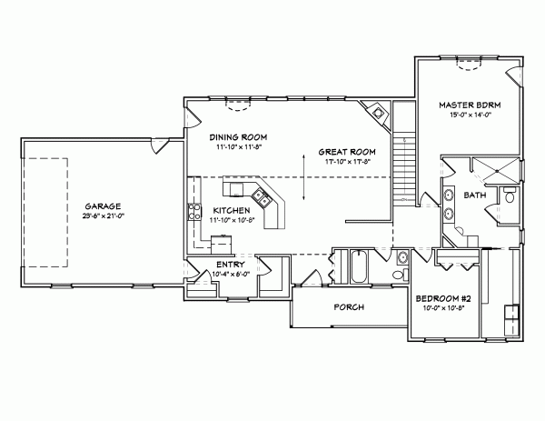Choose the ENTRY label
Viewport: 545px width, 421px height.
[x=229, y=265]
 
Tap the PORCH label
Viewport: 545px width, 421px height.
[x=349, y=307]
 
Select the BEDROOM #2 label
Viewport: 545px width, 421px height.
[x=441, y=299]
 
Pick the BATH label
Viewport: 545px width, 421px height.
[x=474, y=195]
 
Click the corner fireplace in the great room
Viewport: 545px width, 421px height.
[x=375, y=112]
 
